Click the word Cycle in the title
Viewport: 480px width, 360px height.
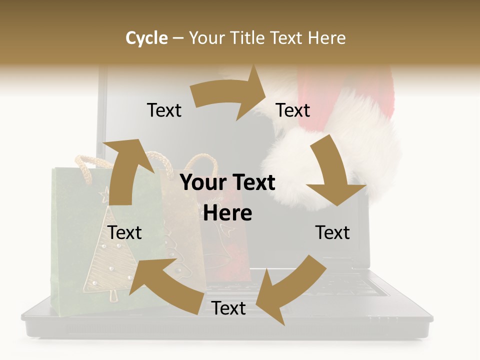(146, 38)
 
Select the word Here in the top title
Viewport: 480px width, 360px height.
(326, 38)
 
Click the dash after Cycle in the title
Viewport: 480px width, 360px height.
(178, 38)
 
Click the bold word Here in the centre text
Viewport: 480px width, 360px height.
(227, 213)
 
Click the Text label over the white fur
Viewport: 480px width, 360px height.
(293, 110)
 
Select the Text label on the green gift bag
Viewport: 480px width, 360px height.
(124, 232)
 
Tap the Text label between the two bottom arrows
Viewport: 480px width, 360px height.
(228, 308)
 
